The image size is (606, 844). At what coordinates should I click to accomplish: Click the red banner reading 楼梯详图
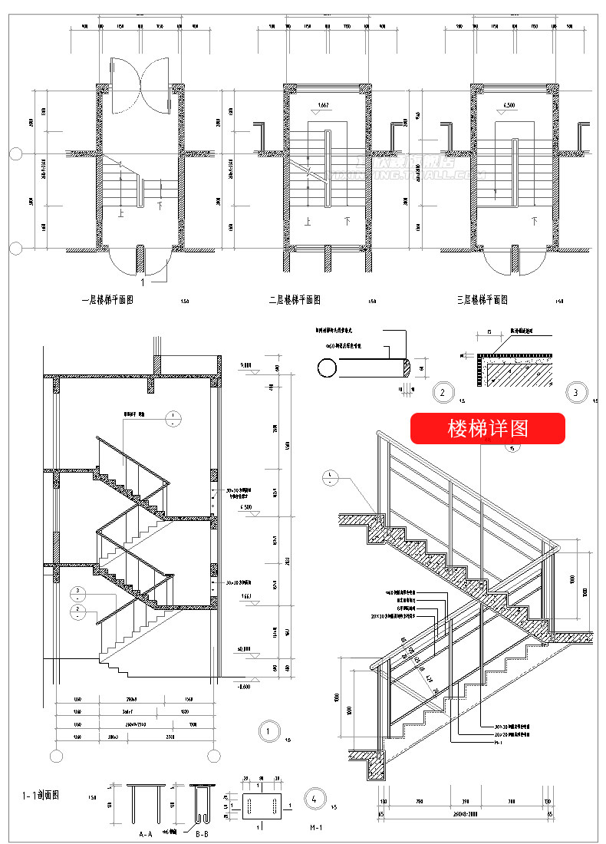coord(488,428)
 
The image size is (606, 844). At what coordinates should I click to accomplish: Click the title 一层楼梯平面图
coord(108,300)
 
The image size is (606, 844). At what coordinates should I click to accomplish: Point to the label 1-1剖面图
coord(38,796)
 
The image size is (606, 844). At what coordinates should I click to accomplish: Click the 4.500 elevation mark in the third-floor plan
coord(509,105)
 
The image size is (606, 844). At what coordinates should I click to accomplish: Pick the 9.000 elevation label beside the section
coord(245,366)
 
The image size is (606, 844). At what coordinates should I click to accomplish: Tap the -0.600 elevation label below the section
coord(245,686)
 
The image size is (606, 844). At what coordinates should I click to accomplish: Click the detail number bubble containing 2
coord(442,393)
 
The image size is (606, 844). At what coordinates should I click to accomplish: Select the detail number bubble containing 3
coord(575,393)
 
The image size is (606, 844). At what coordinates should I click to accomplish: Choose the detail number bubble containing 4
coord(313,797)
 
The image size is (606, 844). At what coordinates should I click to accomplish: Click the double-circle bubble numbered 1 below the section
coord(268,731)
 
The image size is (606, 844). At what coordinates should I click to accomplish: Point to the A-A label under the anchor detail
coord(145,833)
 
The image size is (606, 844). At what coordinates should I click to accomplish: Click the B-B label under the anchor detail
coord(201,833)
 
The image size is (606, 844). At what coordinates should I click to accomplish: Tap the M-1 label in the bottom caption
coord(316,828)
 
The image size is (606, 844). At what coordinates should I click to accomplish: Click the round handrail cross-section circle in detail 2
coord(326,368)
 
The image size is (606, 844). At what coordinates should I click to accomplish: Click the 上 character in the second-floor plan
coord(308,221)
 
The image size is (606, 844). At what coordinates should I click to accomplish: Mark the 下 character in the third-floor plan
coord(534,221)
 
